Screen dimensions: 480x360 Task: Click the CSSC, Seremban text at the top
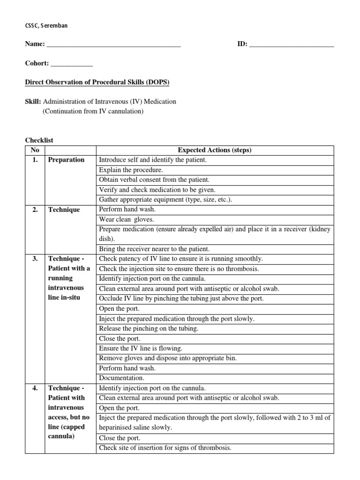pos(46,25)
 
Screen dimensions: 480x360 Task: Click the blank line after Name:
pos(114,45)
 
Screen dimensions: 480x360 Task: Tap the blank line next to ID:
pos(292,45)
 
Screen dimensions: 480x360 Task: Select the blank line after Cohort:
pos(71,65)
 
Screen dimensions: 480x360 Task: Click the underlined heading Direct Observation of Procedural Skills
pos(97,82)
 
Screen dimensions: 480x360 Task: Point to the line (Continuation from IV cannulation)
pos(93,112)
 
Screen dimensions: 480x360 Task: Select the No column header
pos(35,150)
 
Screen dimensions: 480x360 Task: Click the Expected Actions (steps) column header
pos(215,150)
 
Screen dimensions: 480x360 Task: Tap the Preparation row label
pos(66,160)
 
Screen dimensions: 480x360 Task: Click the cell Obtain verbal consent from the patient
pos(154,180)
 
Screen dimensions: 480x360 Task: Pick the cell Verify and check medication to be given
pos(157,190)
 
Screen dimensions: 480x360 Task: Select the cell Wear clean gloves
pos(127,219)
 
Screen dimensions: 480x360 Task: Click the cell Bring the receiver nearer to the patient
pos(154,249)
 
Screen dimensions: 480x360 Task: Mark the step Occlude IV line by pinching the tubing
pos(181,299)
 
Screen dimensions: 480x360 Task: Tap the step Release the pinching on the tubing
pos(149,329)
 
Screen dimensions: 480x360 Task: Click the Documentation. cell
pos(121,378)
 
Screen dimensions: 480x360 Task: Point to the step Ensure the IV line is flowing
pos(141,348)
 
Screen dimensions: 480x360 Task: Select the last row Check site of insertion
pos(165,448)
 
